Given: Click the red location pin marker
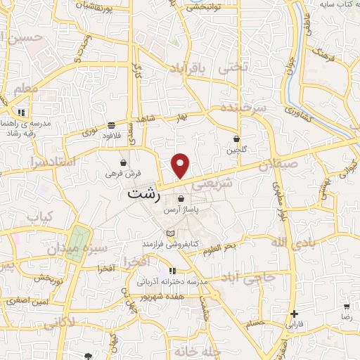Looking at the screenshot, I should [x=181, y=166].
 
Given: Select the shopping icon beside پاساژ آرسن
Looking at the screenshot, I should [x=181, y=199].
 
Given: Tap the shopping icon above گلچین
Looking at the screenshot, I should [x=236, y=139].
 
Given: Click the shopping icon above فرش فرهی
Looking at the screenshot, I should [x=124, y=162].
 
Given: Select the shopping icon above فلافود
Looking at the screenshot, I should [x=112, y=125].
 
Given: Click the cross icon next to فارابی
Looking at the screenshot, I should [x=294, y=314].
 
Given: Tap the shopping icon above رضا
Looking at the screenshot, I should [x=346, y=307].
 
